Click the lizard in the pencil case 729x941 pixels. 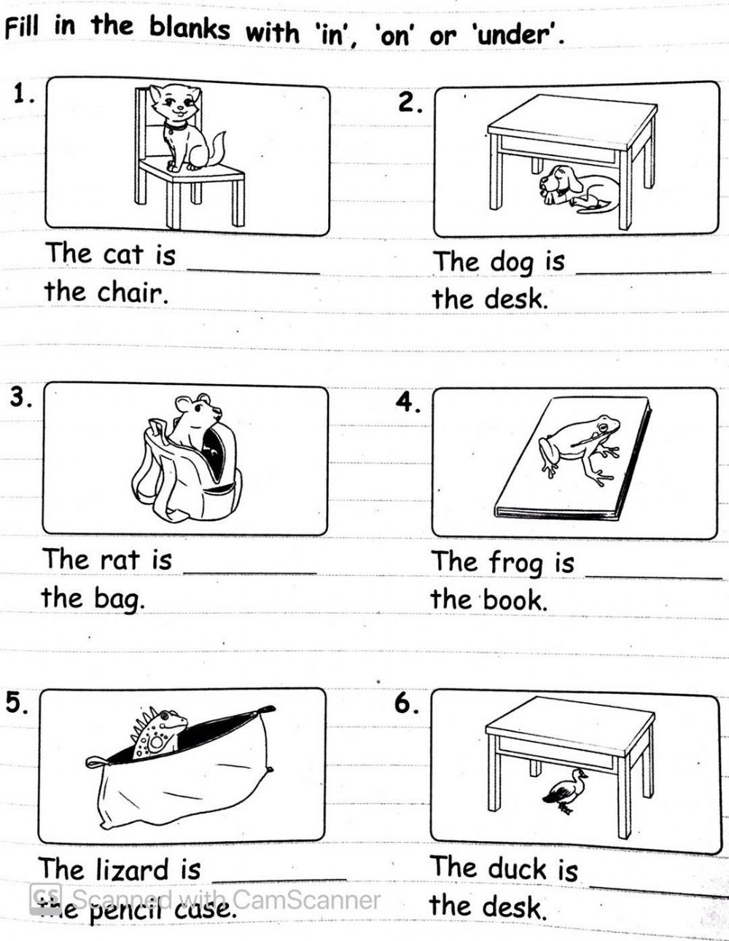point(158,731)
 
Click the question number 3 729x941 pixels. point(19,397)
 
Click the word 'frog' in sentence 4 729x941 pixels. point(516,563)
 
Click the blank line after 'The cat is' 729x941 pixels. point(254,273)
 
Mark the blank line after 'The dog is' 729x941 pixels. point(644,273)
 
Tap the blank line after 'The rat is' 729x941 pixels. point(250,574)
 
